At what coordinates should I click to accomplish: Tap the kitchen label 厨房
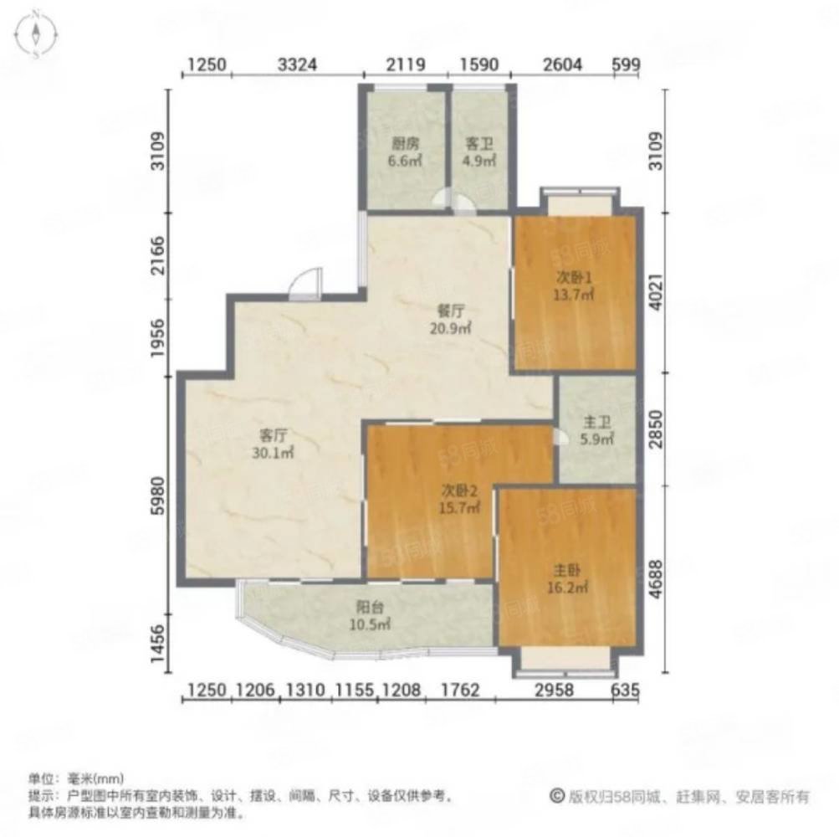click(405, 143)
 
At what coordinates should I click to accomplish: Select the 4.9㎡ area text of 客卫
click(479, 161)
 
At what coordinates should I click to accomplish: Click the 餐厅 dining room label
click(451, 311)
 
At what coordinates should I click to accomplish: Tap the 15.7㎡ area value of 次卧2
click(459, 507)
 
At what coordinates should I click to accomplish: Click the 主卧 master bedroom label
click(567, 571)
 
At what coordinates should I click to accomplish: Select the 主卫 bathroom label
click(597, 423)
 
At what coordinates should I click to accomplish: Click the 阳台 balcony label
click(370, 608)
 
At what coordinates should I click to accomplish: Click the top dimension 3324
click(298, 64)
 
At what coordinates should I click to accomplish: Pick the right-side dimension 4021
click(656, 292)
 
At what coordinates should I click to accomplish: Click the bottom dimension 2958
click(554, 690)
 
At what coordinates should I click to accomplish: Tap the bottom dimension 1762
click(459, 690)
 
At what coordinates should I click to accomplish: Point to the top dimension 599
click(626, 64)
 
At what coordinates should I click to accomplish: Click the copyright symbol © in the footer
click(557, 796)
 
